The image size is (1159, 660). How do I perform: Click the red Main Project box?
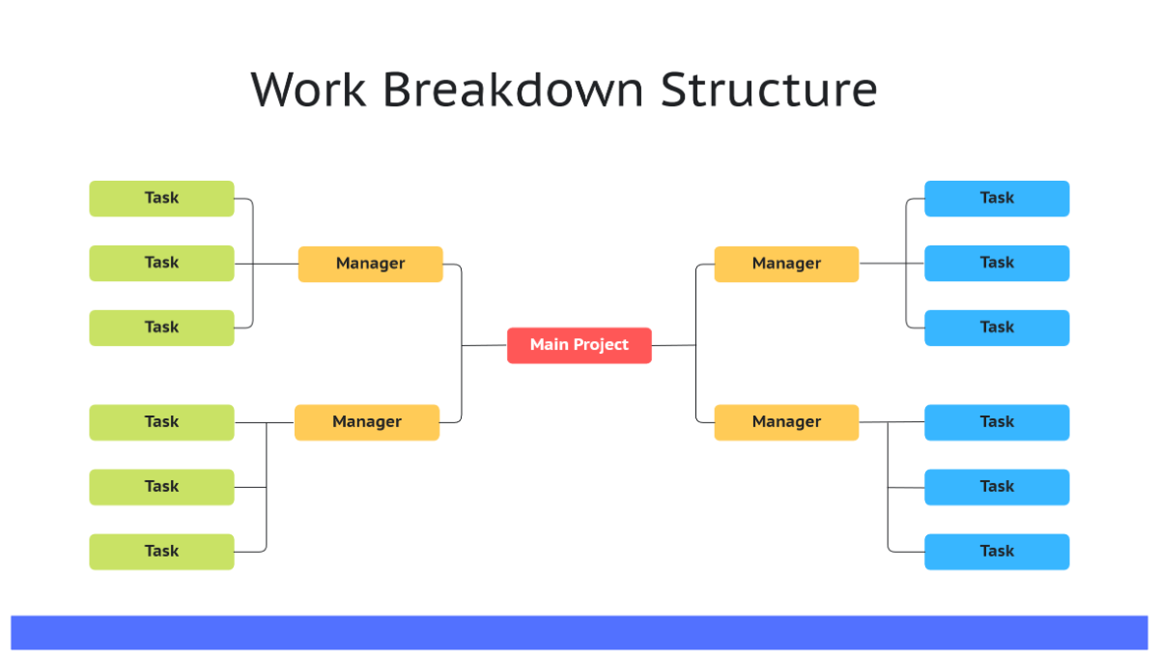pyautogui.click(x=579, y=345)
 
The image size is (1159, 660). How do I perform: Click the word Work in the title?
pyautogui.click(x=308, y=90)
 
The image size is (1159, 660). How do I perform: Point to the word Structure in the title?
pyautogui.click(x=769, y=90)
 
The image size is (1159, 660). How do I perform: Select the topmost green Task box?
pyautogui.click(x=161, y=198)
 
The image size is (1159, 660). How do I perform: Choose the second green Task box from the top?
pyautogui.click(x=161, y=263)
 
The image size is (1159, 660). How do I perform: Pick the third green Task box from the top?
pyautogui.click(x=161, y=328)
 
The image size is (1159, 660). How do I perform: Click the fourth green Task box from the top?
pyautogui.click(x=161, y=422)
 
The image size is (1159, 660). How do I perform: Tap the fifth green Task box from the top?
pyautogui.click(x=161, y=487)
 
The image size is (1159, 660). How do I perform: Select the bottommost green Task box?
pyautogui.click(x=161, y=552)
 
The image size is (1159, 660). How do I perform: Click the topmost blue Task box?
pyautogui.click(x=997, y=198)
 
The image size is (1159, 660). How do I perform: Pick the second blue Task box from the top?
pyautogui.click(x=997, y=263)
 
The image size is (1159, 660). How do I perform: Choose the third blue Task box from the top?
pyautogui.click(x=997, y=328)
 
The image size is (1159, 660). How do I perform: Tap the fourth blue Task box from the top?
pyautogui.click(x=997, y=422)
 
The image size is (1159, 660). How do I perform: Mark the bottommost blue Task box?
pyautogui.click(x=997, y=552)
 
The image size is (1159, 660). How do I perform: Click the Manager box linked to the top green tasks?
pyautogui.click(x=370, y=264)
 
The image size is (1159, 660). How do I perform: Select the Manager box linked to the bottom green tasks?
pyautogui.click(x=366, y=422)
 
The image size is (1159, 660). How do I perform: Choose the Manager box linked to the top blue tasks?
pyautogui.click(x=786, y=264)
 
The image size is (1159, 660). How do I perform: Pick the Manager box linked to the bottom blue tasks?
pyautogui.click(x=786, y=422)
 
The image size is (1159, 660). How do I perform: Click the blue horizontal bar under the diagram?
pyautogui.click(x=579, y=632)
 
